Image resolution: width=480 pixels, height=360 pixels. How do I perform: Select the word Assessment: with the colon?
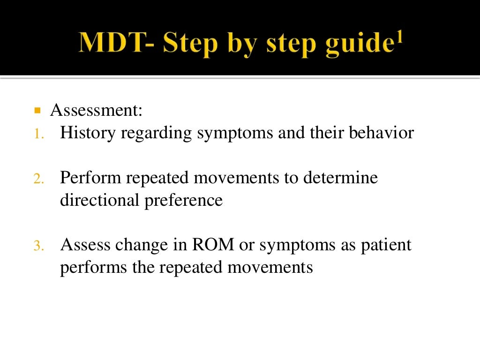96,111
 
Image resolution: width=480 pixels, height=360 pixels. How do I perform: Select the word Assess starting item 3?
84,245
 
